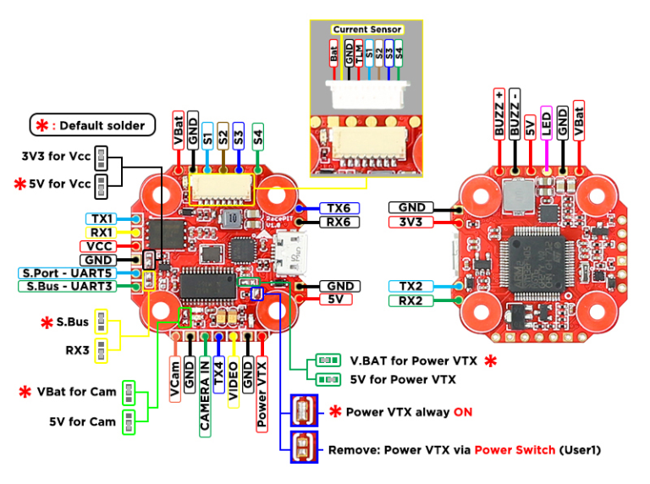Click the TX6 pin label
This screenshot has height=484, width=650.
(338, 207)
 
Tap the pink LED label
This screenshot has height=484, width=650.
(546, 121)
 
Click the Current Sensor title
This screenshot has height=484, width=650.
(366, 29)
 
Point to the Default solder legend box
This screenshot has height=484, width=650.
(92, 125)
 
